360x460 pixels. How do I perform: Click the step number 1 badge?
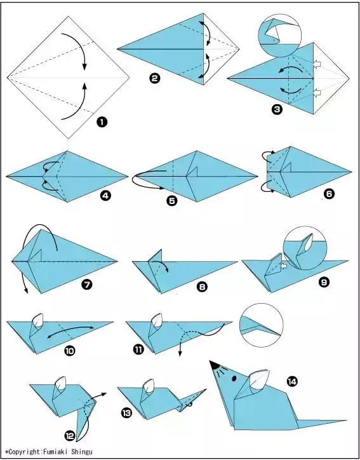tap(102, 122)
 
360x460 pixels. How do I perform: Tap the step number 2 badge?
tap(155, 79)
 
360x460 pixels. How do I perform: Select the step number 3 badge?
tap(277, 110)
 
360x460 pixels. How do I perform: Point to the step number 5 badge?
tap(172, 201)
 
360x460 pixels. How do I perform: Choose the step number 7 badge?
tap(87, 284)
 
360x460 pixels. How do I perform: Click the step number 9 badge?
tap(324, 282)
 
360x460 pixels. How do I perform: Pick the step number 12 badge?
tap(70, 436)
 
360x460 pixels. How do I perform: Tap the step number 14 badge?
tap(292, 381)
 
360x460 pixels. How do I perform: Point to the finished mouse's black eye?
tap(234, 378)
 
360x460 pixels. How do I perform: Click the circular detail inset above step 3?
tap(281, 36)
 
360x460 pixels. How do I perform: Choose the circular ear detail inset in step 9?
tap(305, 248)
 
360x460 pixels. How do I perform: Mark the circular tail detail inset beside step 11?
tap(262, 325)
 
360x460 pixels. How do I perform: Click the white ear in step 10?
tap(38, 320)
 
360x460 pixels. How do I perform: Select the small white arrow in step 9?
tap(283, 266)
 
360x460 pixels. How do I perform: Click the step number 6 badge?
tap(330, 194)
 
